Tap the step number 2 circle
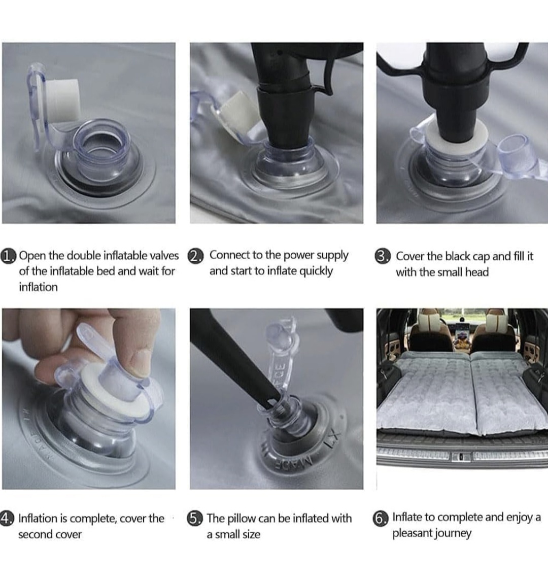196,256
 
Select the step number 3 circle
383,257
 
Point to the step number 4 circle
7,519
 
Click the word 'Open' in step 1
33,256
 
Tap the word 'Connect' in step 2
230,255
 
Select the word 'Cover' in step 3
409,256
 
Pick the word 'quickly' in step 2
316,271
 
